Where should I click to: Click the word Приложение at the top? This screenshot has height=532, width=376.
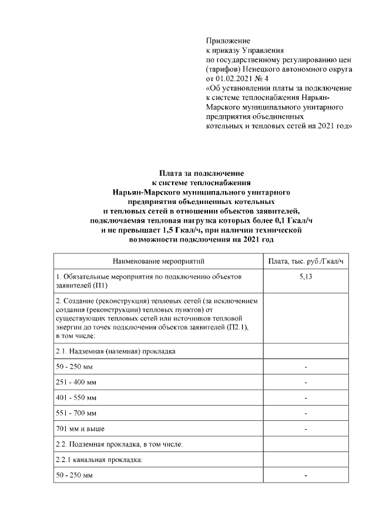click(x=228, y=41)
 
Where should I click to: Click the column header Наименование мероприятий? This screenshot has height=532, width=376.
click(x=159, y=261)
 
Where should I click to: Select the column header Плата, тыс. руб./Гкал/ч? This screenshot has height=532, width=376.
click(x=305, y=261)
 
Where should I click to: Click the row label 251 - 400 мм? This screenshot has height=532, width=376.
click(x=76, y=382)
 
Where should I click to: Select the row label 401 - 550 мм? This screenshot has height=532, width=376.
click(x=76, y=397)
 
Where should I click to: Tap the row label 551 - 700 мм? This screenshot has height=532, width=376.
click(x=76, y=413)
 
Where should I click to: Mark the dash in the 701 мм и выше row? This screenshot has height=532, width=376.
click(x=305, y=429)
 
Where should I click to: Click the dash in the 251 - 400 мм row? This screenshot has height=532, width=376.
click(x=305, y=383)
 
